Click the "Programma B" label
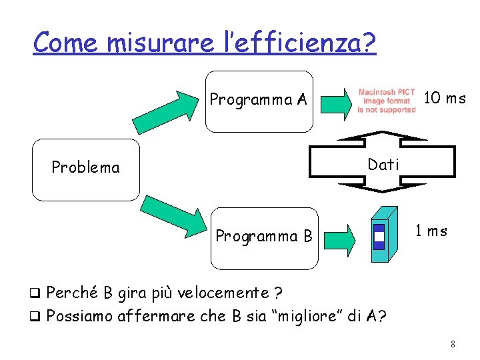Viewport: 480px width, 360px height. click(264, 236)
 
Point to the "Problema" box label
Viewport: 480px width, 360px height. click(86, 167)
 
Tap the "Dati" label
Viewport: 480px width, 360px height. click(383, 165)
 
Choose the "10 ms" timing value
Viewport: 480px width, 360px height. click(445, 99)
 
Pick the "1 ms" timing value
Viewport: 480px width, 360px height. click(431, 231)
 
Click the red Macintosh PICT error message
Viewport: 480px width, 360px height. click(386, 101)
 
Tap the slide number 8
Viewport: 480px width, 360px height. click(453, 345)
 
